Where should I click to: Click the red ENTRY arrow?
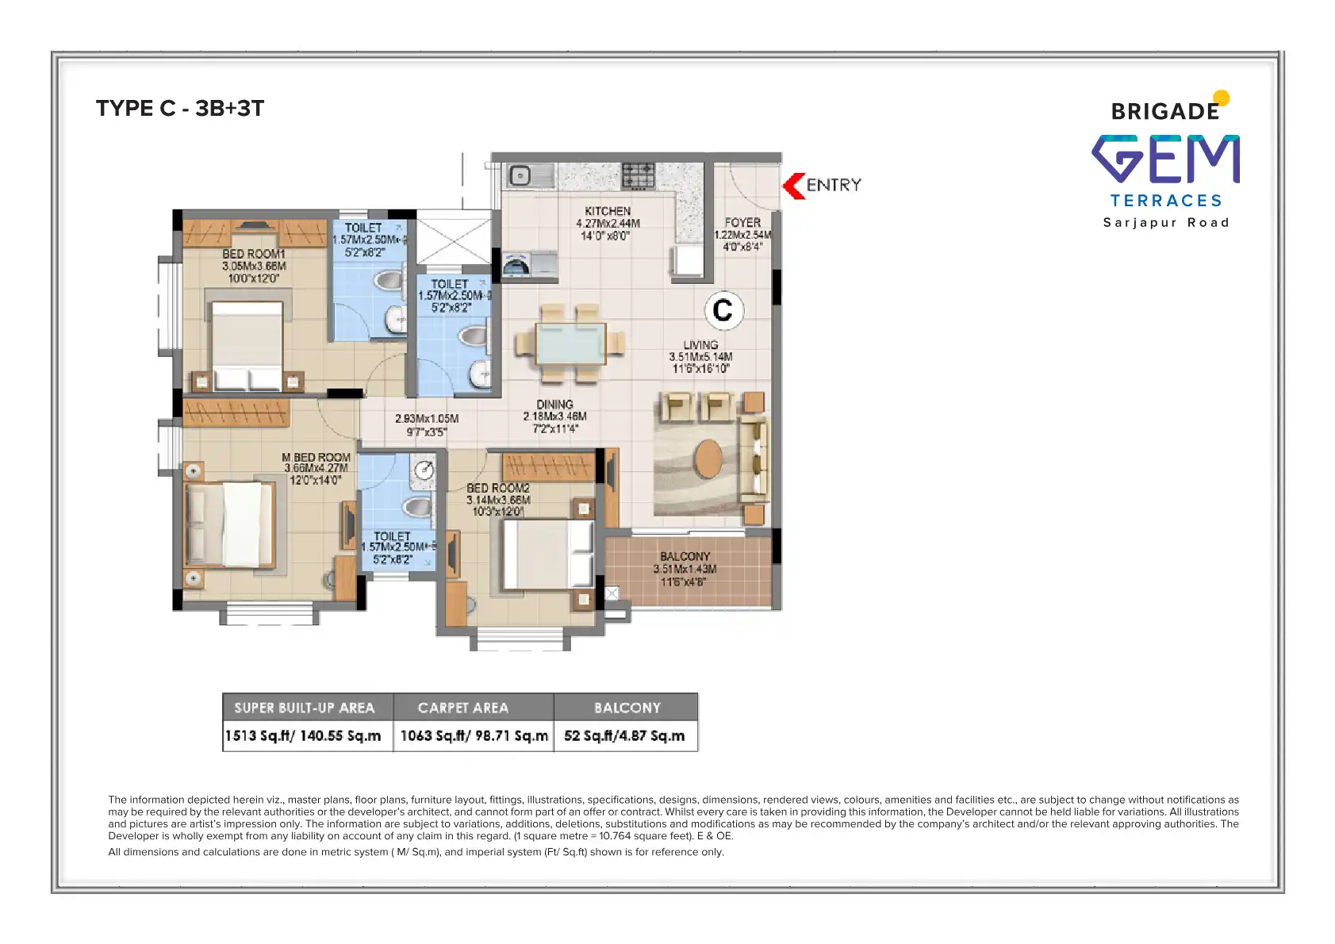794,186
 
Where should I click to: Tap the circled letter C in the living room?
723,310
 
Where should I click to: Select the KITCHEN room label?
608,212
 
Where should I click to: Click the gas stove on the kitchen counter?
638,175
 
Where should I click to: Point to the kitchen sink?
520,175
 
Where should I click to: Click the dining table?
570,343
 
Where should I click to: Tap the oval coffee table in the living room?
708,459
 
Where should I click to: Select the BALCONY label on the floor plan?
685,557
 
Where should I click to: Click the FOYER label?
742,223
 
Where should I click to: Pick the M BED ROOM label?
316,458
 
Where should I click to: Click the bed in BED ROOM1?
247,345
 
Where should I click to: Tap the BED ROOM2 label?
497,489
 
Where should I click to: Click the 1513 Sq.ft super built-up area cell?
303,736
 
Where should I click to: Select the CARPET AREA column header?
463,708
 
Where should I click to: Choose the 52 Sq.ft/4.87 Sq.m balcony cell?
624,736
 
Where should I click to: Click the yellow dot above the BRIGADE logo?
1222,98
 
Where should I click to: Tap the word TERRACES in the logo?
1166,201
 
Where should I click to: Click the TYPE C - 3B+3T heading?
180,109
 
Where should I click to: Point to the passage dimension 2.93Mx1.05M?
427,419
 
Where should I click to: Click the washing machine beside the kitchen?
516,265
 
